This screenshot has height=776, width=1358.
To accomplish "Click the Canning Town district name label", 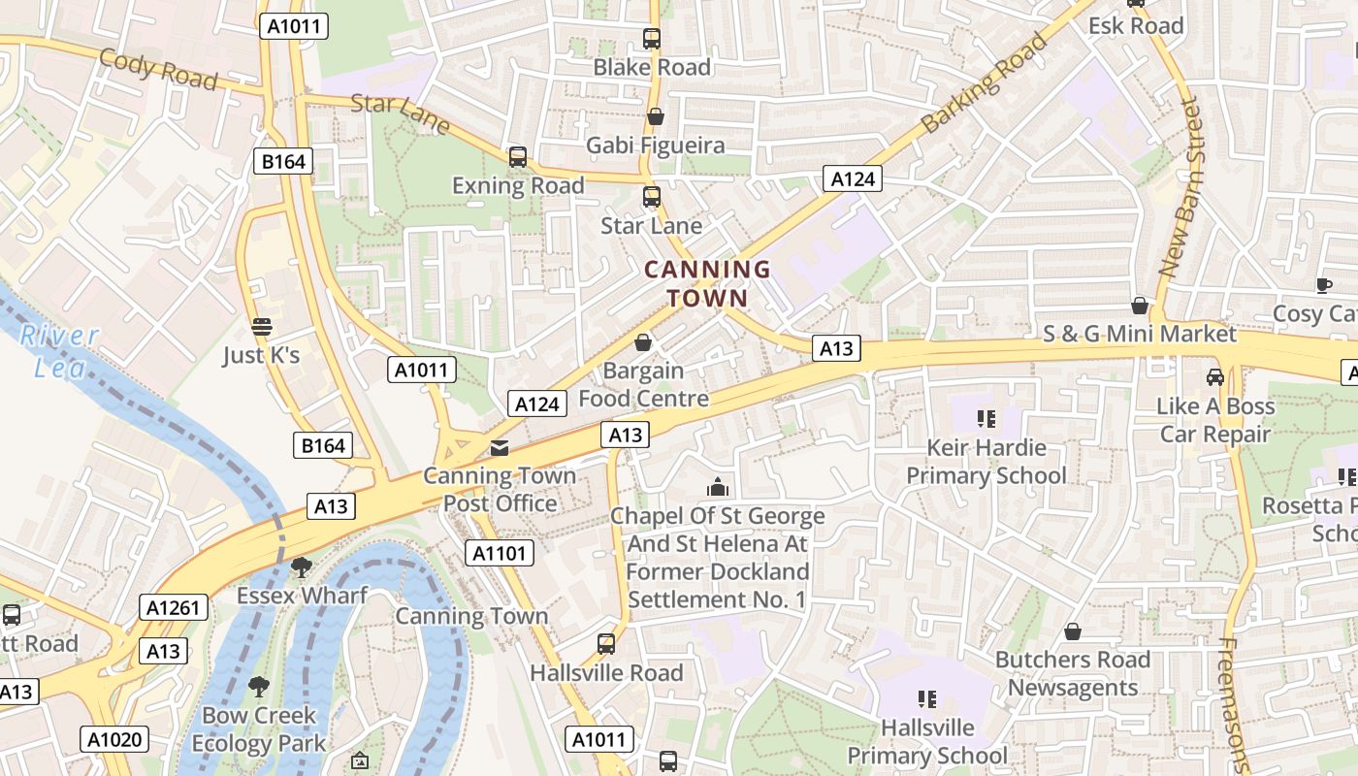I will point(707,283).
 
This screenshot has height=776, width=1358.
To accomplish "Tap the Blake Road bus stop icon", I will point(652,39).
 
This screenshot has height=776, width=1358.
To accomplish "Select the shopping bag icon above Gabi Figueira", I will point(656,116).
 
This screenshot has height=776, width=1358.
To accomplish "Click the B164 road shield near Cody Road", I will point(284,161).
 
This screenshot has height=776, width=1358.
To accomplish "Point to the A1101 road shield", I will point(500,554).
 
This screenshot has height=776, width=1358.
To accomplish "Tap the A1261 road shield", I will point(174,608).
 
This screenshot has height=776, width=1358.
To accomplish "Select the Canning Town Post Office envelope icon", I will point(500,448).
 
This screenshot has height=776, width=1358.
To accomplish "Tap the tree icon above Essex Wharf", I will point(302,566).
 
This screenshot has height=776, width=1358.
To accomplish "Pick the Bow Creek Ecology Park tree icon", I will point(259,687).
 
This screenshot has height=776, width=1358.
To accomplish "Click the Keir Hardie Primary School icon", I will point(986,419).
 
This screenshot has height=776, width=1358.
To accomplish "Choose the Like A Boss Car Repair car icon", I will point(1214,376).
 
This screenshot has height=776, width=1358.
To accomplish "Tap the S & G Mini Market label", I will point(1140,334).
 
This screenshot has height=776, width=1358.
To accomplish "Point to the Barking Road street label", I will point(985,82).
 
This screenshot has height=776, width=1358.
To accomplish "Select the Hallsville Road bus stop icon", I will point(606,643).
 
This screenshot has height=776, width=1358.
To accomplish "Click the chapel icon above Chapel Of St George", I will point(718,486).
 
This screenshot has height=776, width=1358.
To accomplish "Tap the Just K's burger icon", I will point(261,326).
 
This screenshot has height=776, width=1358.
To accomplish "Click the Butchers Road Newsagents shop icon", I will point(1073,631).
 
